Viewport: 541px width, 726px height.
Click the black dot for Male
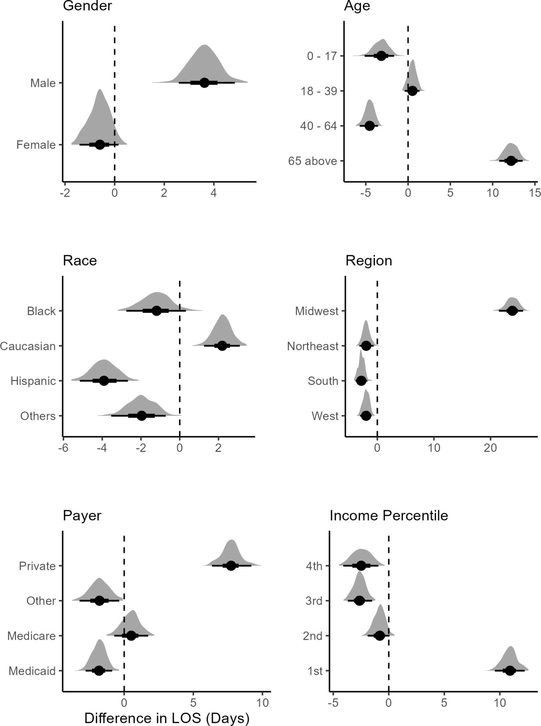point(204,83)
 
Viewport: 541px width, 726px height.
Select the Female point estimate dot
point(100,145)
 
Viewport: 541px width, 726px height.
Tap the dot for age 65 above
point(511,161)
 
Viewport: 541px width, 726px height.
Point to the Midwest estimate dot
point(512,311)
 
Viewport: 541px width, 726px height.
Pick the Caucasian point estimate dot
point(222,346)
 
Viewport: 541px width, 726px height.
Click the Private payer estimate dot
point(231,566)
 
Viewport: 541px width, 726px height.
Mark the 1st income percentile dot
point(510,671)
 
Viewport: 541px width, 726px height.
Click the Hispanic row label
point(34,381)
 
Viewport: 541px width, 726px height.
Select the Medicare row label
point(31,636)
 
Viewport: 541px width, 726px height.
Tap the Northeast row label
point(312,346)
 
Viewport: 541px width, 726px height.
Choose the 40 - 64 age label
point(318,126)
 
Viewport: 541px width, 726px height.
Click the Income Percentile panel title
point(389,516)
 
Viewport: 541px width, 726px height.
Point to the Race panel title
point(80,260)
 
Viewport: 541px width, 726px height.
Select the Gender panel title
point(87,6)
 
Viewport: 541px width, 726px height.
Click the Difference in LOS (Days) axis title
point(166,718)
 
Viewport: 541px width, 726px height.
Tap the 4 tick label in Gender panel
point(213,193)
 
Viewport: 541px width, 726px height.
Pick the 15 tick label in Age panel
point(534,193)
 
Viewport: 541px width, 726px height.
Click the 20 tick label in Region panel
point(490,448)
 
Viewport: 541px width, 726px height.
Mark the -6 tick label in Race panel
point(64,448)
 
